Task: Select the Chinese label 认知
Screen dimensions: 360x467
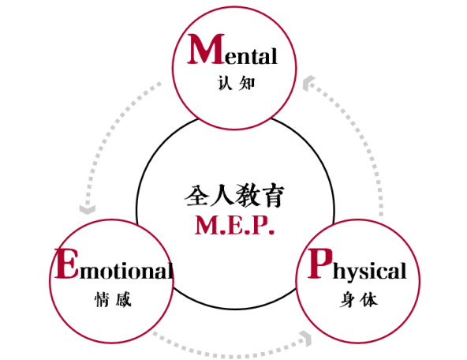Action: pos(236,83)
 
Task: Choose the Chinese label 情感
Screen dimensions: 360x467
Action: pos(111,300)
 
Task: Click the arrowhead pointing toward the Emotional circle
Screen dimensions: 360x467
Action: pos(86,209)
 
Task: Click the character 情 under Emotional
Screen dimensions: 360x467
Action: pos(100,300)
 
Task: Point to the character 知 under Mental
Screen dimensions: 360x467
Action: pos(248,83)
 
